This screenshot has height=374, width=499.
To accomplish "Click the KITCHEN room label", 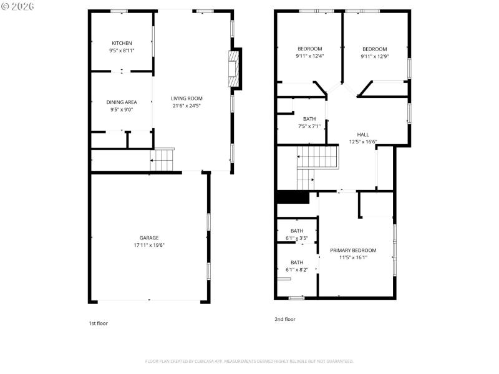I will [122, 43].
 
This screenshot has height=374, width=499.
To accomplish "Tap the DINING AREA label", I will [122, 102].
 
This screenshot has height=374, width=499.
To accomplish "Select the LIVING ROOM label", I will [187, 98].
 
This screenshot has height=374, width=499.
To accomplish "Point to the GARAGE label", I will [148, 237].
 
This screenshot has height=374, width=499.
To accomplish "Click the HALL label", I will [362, 135].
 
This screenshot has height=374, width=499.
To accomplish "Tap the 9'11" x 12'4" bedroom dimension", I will [309, 57].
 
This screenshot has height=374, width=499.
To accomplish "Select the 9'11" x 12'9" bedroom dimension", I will [374, 57].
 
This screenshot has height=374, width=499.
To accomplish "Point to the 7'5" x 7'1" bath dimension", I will [309, 126].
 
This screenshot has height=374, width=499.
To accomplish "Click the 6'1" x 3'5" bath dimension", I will [297, 238].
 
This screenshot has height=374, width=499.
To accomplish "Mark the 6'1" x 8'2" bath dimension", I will [297, 269].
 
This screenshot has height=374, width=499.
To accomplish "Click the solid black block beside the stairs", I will [293, 197].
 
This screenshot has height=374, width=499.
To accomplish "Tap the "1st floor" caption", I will [98, 323].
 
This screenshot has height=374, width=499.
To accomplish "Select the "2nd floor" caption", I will [285, 319].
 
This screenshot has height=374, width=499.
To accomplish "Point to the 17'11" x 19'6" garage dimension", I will [148, 245].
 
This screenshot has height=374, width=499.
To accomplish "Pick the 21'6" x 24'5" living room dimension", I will [187, 105].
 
